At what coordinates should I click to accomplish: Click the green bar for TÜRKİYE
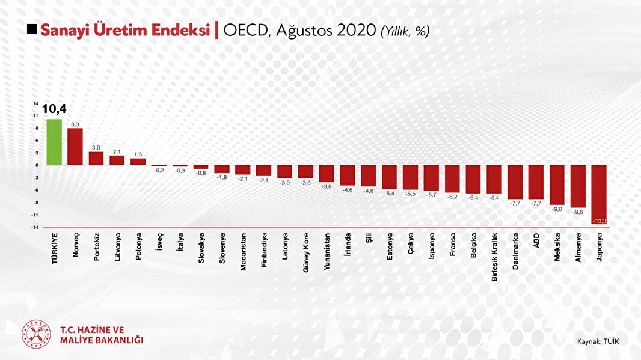[54, 142]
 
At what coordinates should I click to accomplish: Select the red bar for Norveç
[75, 147]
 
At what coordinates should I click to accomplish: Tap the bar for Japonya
[598, 195]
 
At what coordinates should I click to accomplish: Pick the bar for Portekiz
[96, 159]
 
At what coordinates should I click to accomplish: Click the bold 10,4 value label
[54, 109]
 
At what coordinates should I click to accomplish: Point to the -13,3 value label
[599, 222]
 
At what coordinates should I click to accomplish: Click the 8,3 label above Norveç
[75, 124]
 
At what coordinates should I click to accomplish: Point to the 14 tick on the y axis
[36, 103]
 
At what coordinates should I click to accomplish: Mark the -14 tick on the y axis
[36, 227]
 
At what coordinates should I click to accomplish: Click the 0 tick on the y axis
[37, 165]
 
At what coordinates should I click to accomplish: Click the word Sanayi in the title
[66, 30]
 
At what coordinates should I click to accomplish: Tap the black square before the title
[32, 30]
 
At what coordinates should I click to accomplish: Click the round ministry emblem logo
[37, 334]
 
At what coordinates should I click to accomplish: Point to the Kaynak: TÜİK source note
[598, 341]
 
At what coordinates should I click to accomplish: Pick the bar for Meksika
[557, 185]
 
